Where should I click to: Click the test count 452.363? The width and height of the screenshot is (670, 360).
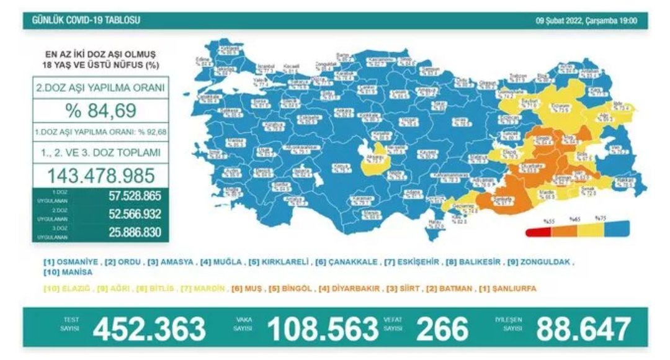[x=149, y=328]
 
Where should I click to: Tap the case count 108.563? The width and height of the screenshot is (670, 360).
[x=323, y=328]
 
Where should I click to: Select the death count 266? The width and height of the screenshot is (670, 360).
[x=442, y=328]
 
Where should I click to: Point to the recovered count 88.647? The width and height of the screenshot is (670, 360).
[x=583, y=328]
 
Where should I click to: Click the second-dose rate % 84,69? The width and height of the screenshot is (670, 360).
[x=100, y=112]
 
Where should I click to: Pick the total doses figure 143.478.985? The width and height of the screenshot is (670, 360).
[x=100, y=174]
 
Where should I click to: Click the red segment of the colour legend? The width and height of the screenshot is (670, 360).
[x=537, y=233]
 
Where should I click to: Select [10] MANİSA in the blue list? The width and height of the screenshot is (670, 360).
[x=68, y=272]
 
